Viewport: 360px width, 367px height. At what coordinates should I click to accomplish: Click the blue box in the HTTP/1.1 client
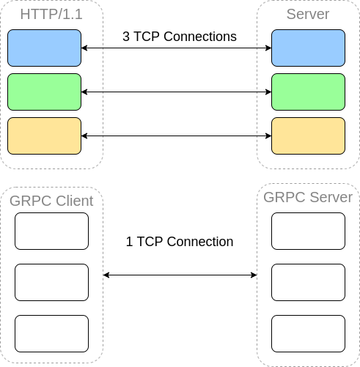[x=44, y=48]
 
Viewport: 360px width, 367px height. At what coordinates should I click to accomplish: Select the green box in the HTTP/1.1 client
[x=44, y=92]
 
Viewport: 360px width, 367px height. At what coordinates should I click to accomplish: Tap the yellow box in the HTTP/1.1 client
[x=44, y=136]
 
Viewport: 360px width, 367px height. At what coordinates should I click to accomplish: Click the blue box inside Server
[x=308, y=48]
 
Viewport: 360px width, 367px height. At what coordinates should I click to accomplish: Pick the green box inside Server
[x=308, y=92]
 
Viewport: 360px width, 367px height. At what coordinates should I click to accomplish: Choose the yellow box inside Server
[x=308, y=136]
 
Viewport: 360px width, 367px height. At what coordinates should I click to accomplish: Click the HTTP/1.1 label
[x=51, y=15]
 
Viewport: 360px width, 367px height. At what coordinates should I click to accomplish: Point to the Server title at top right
[x=308, y=15]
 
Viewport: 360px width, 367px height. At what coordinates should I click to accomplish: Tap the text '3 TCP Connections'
[x=179, y=36]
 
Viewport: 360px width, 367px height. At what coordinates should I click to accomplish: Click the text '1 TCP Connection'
[x=179, y=241]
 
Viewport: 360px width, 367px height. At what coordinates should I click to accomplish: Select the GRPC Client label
[x=51, y=201]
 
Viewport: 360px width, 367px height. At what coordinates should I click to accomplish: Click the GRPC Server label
[x=308, y=197]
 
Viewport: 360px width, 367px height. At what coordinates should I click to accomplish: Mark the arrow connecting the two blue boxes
[x=176, y=48]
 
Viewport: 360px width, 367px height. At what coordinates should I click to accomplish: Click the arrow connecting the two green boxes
[x=176, y=92]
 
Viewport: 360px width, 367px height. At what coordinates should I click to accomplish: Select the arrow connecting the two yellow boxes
[x=176, y=136]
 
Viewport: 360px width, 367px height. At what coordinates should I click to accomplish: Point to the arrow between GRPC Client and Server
[x=180, y=275]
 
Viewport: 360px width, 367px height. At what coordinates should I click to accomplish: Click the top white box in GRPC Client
[x=51, y=231]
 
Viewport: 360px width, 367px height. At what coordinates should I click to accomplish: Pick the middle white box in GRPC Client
[x=51, y=282]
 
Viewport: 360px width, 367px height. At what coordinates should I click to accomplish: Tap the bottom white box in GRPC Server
[x=308, y=333]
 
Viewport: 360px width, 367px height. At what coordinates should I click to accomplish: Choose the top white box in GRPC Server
[x=308, y=231]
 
